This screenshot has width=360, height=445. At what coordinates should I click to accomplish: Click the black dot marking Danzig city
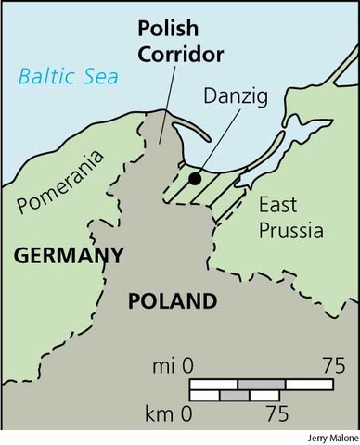pos(194,178)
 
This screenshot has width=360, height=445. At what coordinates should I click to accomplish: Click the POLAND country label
pos(172,301)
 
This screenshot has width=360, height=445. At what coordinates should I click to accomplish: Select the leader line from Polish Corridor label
pos(167,102)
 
